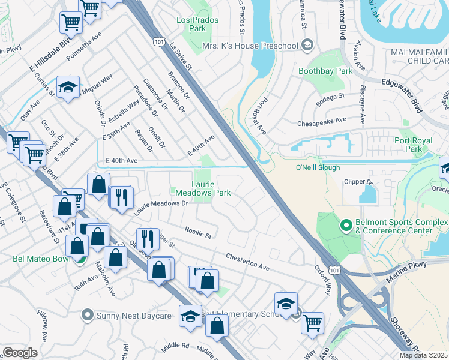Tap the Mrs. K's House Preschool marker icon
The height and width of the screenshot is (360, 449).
pos(307,46)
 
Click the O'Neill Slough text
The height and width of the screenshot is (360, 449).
pos(318,167)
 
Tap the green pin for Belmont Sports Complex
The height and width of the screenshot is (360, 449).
pos(345,226)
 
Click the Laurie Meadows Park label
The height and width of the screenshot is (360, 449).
pos(203,189)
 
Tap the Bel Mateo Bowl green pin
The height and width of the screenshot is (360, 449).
pos(78,259)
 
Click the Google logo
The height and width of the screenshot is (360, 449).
pos(20,353)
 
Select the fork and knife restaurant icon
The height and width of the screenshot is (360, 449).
pos(122,196)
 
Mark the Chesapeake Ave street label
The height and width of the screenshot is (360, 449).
pos(322,121)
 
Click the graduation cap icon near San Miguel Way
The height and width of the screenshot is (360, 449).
pos(68,87)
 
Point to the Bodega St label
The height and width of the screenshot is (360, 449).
pos(330,96)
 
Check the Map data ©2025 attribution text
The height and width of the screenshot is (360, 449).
pos(424,355)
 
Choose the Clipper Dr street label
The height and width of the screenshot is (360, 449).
pos(359,181)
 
